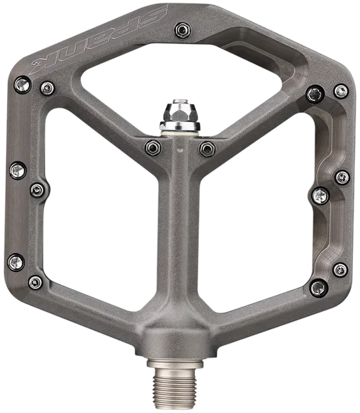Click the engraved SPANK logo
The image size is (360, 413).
(99, 39)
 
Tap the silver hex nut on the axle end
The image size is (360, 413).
(180, 114)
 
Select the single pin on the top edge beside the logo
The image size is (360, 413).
(183, 30)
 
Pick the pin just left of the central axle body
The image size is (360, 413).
(153, 147)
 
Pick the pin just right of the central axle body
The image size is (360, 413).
(207, 149)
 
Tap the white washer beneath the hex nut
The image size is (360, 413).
(180, 134)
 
